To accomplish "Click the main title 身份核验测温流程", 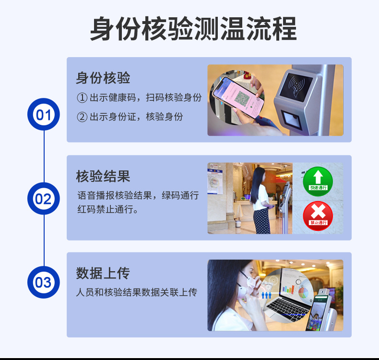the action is tap(193, 29).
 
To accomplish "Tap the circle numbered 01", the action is tap(44, 114).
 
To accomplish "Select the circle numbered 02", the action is tap(44, 199).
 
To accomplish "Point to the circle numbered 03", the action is tap(44, 282).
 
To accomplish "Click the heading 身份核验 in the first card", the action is tap(103, 78).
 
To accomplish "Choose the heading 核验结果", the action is tap(103, 176).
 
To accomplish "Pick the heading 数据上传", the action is tap(103, 273).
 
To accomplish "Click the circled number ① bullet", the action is tap(82, 97).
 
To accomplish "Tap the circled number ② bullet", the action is tap(82, 117).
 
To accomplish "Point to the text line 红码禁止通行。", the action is tap(108, 209).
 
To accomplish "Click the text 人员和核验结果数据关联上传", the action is tap(137, 292).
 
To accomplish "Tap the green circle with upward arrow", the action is tap(318, 181).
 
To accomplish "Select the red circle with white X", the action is tap(318, 216).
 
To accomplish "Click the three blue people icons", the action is tap(266, 295).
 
